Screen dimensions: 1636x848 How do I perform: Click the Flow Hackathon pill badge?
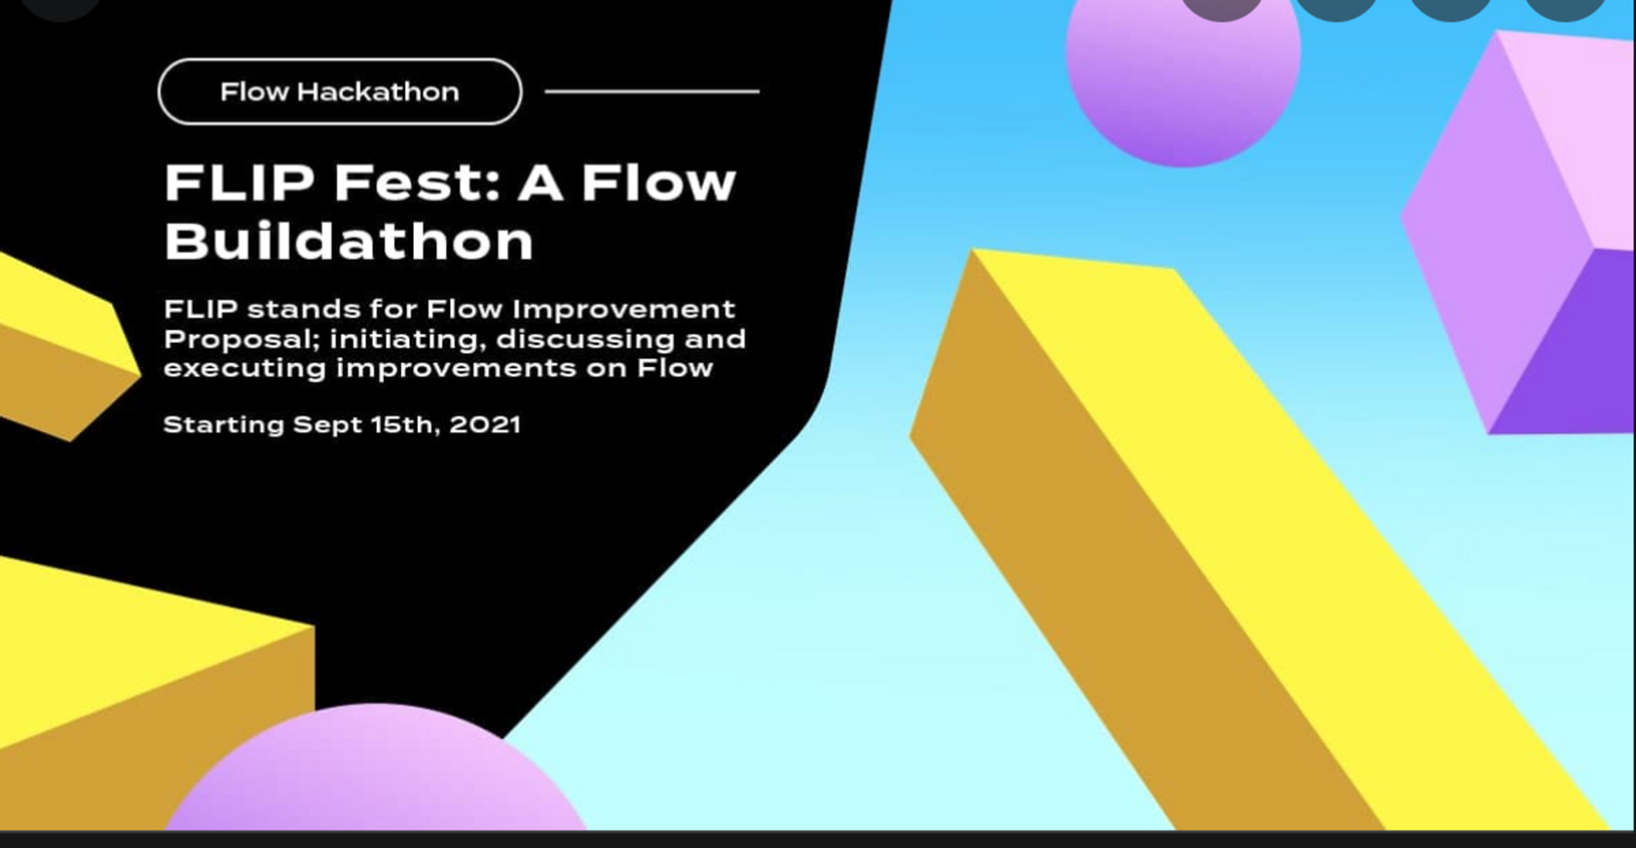coord(340,92)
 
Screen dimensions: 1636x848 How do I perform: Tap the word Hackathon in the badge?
coord(378,92)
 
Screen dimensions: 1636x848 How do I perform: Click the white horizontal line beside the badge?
coord(652,92)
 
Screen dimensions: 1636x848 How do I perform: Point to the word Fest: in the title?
coord(417,182)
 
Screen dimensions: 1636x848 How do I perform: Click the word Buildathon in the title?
coord(349,240)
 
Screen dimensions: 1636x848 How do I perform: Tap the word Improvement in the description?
coord(623,310)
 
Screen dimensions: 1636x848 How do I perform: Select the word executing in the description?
coord(244,368)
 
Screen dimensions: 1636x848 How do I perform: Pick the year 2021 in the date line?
coord(484,424)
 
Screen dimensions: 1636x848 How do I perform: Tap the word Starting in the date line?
coord(224,425)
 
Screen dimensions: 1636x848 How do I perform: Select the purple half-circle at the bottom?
coord(376,770)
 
